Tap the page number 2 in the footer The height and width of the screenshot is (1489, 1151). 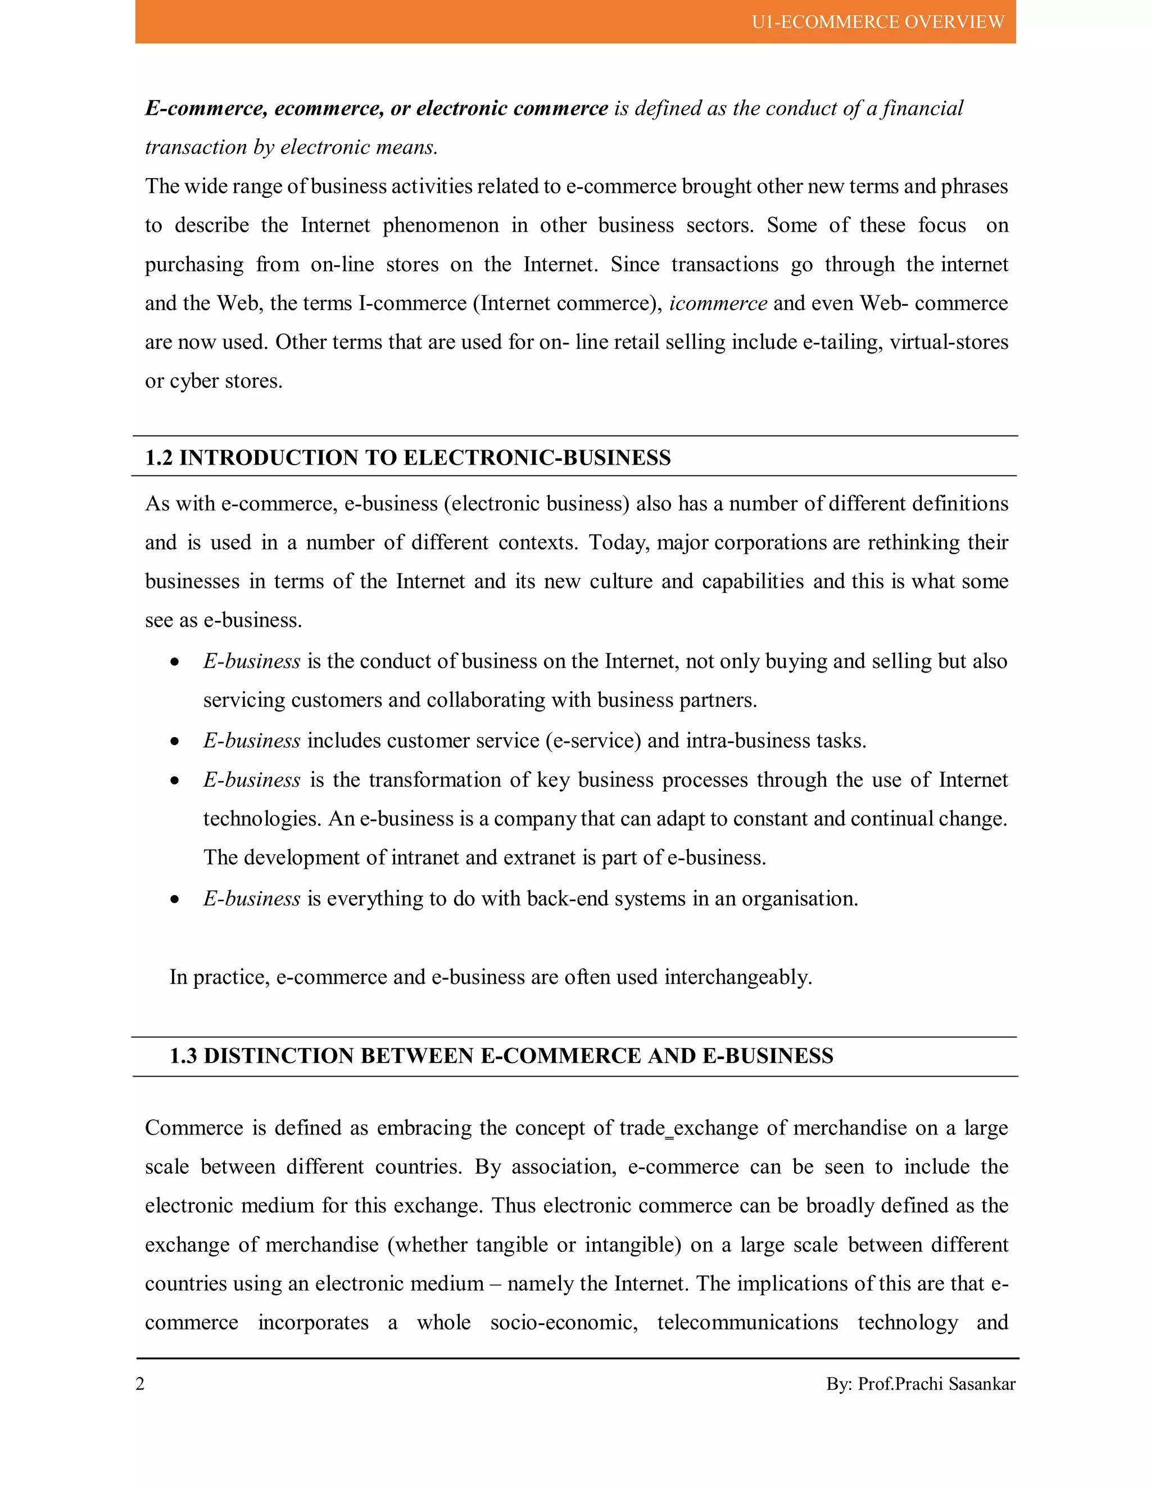[140, 1383]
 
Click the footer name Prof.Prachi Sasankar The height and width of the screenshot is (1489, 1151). [936, 1384]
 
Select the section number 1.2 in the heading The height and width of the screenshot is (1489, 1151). [159, 457]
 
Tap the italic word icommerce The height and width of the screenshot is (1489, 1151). [718, 303]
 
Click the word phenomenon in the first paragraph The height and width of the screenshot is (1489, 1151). [441, 226]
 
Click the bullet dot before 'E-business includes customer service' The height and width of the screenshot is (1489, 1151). [175, 741]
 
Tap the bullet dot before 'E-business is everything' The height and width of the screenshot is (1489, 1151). [175, 899]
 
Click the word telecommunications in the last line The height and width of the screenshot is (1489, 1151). [747, 1323]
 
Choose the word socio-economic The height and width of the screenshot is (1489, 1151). [564, 1323]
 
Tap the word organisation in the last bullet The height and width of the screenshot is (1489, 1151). [799, 899]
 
